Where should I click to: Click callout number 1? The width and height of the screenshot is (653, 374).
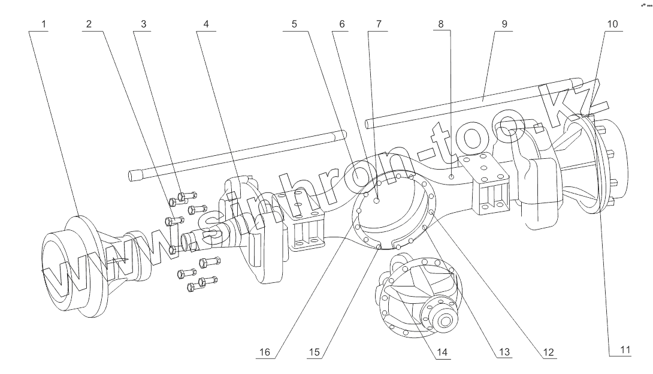tap(45, 25)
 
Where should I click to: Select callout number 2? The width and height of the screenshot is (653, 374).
tap(88, 25)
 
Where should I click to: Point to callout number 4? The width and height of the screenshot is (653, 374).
tap(206, 25)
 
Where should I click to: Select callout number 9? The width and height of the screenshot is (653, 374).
tap(504, 25)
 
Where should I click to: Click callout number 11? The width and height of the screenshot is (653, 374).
tap(625, 351)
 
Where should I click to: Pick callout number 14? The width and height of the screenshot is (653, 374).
tap(442, 351)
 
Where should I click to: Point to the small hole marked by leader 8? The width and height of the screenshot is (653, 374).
tap(451, 176)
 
